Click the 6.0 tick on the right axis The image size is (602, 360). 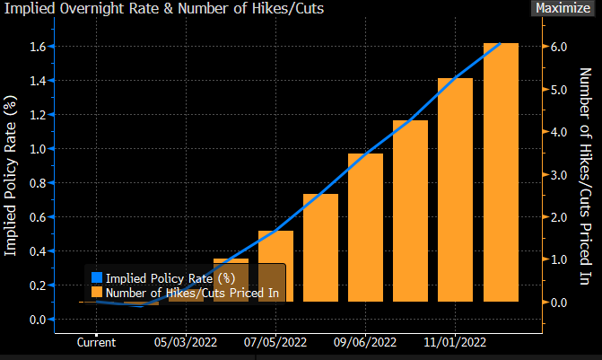tap(560, 46)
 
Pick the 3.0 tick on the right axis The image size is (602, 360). tap(560, 174)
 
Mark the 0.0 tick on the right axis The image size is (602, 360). tap(560, 303)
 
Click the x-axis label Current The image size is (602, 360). tap(97, 342)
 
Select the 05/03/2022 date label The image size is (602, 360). tap(187, 342)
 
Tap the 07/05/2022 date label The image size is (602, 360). tap(275, 342)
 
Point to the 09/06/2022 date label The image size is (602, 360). tap(365, 342)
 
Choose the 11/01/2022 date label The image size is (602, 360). tap(455, 342)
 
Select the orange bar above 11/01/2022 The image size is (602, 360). tap(455, 189)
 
